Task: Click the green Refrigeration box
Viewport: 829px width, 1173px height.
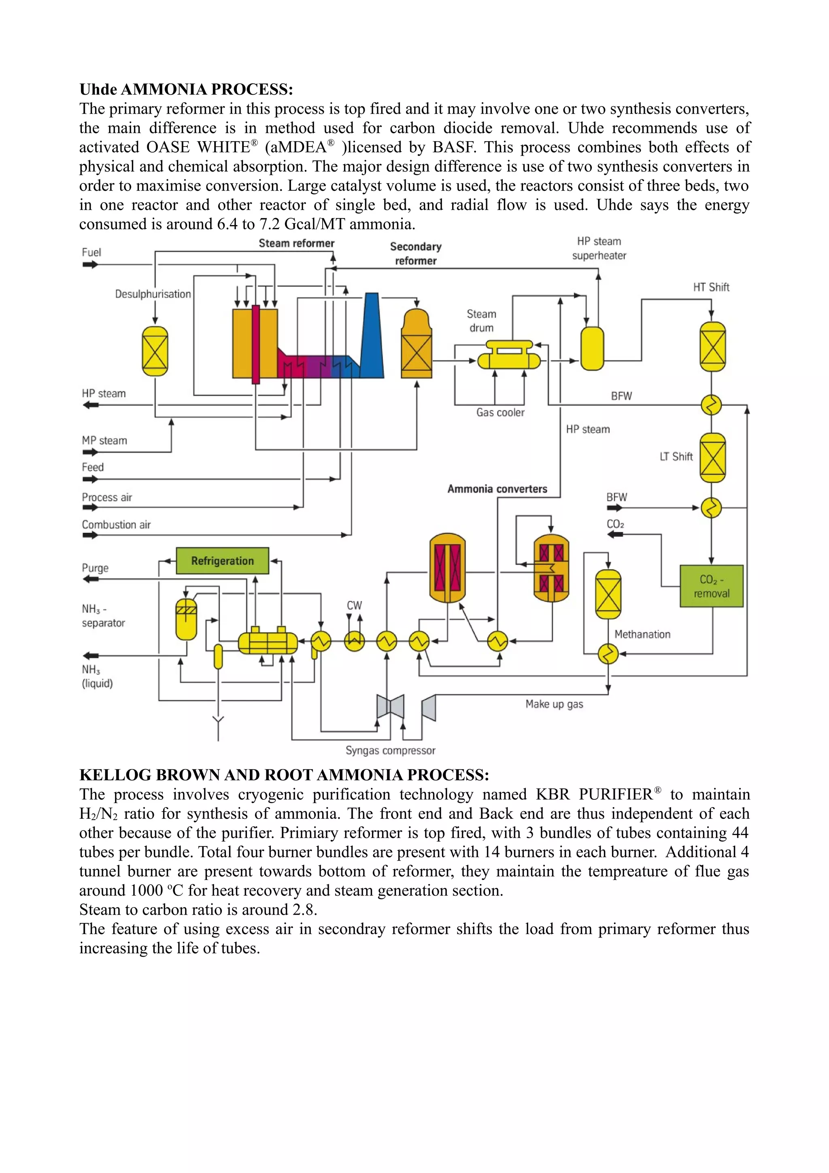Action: pos(222,561)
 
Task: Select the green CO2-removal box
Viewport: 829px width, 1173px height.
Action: pos(711,586)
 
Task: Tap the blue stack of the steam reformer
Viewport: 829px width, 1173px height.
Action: pos(372,337)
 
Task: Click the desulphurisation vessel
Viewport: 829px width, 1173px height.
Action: pos(155,351)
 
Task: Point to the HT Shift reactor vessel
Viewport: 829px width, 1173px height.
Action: pos(712,346)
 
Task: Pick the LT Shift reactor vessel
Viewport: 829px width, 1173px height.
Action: pos(712,457)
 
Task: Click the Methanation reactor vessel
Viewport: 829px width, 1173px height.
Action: pos(608,594)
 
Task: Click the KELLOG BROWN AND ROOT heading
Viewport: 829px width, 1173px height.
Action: pos(284,775)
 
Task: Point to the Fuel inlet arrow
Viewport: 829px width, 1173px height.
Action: pos(90,265)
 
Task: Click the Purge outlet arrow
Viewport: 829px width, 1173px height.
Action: pos(90,579)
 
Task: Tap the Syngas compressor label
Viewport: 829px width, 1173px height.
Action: pos(390,750)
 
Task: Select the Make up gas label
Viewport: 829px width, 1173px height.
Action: pos(554,704)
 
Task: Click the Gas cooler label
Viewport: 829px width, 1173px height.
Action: pos(500,412)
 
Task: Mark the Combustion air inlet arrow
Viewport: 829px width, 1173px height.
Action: pos(90,535)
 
